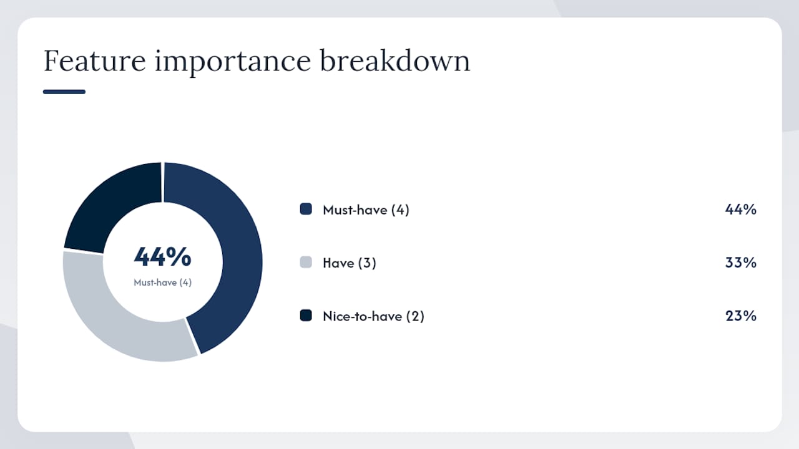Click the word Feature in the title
94,60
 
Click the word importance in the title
233,61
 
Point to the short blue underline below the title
64,92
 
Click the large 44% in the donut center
163,256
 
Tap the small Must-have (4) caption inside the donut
163,282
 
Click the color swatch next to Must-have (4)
306,209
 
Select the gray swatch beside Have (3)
306,263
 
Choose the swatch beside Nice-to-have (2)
306,316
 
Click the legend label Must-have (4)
366,210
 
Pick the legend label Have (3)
350,263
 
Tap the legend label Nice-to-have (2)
373,316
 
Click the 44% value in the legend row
740,209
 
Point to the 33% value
740,263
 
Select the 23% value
740,316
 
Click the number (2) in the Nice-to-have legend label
415,316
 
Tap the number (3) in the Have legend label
367,263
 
